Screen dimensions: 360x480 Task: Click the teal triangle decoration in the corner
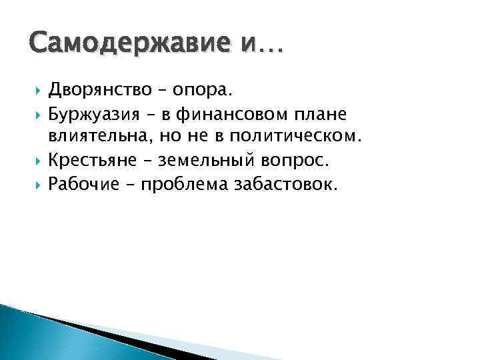point(27,337)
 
